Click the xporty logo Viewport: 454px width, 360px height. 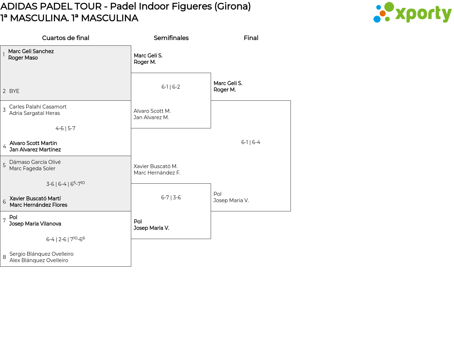(412, 13)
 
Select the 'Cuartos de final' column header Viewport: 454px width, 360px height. (66, 38)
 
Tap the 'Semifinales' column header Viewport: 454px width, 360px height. (171, 38)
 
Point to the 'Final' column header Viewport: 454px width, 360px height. (251, 38)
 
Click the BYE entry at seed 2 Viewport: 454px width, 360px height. (14, 91)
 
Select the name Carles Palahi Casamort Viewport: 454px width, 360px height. (38, 107)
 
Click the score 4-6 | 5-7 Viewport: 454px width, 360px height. (65, 128)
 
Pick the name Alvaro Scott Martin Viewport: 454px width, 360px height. (33, 143)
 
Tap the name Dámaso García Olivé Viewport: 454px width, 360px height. (35, 162)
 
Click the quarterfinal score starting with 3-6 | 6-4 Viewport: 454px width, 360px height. (65, 184)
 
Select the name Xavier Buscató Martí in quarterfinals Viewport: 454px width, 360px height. (35, 199)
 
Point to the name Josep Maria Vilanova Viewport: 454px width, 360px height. (35, 224)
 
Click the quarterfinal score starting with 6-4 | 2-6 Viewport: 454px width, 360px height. (65, 239)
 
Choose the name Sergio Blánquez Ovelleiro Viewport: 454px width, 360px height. (41, 254)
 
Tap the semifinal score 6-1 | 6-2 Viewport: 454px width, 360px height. (171, 87)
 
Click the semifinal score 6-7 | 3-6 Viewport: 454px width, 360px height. (171, 198)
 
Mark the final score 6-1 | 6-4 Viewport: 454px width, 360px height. (250, 142)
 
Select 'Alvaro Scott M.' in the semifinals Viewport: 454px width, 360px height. (152, 111)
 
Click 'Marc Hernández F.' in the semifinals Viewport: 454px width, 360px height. (157, 173)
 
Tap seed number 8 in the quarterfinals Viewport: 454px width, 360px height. (4, 257)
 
